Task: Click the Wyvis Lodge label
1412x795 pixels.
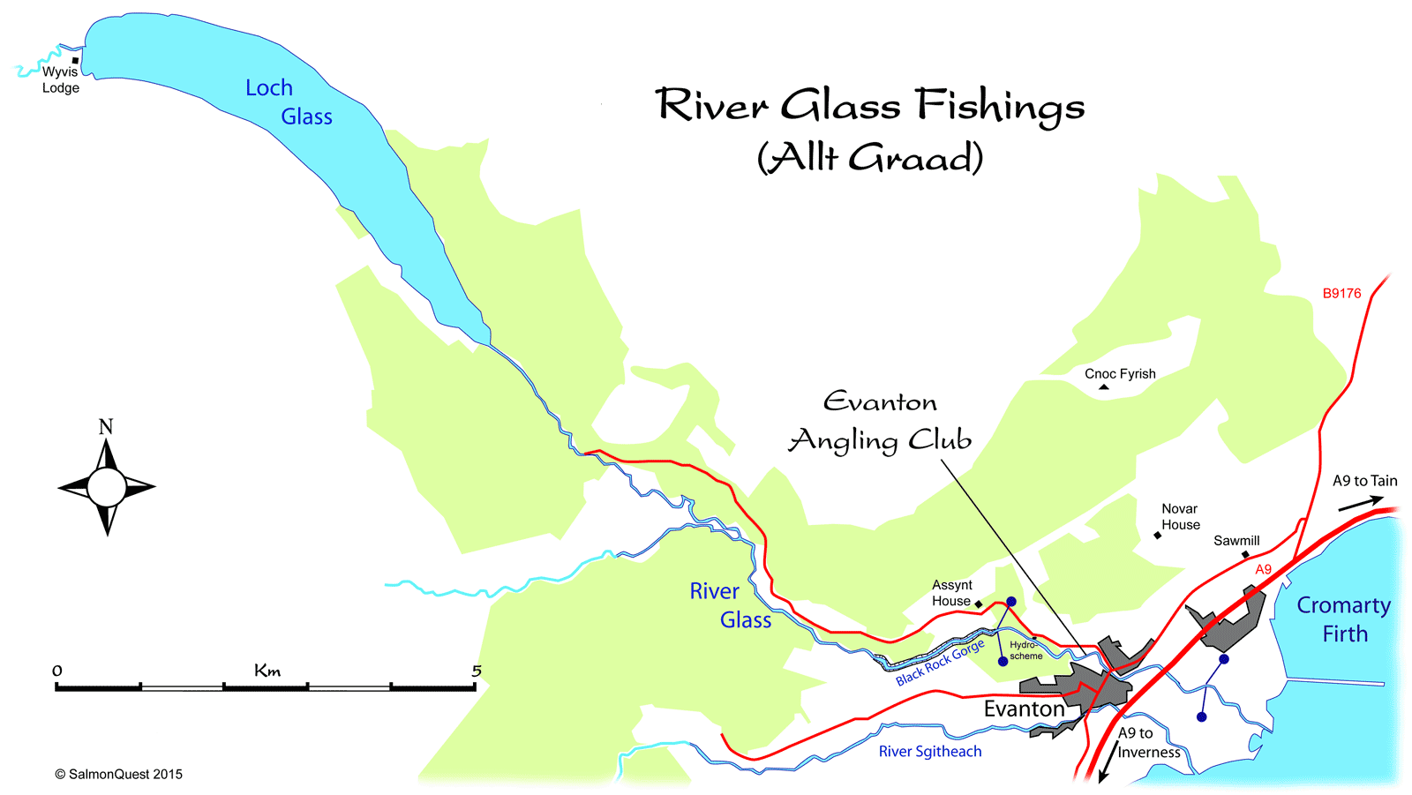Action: point(60,79)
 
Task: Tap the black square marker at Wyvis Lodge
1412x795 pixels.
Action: point(76,61)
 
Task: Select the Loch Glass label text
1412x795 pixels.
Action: point(288,102)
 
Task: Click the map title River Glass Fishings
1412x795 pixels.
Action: point(870,106)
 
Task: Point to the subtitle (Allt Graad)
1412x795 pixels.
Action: point(870,159)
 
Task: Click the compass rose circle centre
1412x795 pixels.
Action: point(107,487)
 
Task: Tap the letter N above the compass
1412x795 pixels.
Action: point(106,427)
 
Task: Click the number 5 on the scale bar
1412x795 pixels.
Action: point(477,671)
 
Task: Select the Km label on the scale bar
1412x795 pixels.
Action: point(267,671)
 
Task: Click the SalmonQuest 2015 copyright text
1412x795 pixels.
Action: point(119,774)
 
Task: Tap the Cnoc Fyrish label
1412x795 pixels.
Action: point(1120,374)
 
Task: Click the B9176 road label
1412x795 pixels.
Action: point(1341,294)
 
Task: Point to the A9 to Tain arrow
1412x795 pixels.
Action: point(1360,504)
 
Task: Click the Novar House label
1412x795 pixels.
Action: point(1180,517)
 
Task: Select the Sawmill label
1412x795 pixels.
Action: point(1236,541)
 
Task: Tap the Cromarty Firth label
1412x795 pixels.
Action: point(1343,619)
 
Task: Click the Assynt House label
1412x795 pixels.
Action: point(951,593)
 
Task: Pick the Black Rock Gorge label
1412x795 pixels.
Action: point(940,664)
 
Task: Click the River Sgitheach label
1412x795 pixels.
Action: point(930,752)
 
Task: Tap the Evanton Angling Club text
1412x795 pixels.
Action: point(880,422)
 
